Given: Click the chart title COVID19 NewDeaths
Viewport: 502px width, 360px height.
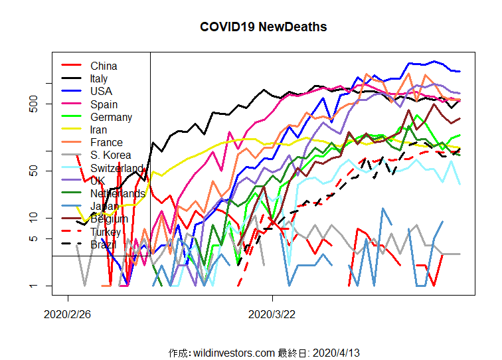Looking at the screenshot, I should (263, 27).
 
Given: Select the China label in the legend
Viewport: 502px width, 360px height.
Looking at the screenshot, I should (104, 66).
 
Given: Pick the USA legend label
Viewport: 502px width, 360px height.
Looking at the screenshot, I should (101, 91).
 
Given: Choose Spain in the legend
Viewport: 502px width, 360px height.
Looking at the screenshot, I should (104, 104).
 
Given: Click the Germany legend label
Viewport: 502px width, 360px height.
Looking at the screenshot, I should (111, 117).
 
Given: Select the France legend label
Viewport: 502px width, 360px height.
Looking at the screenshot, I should (106, 142).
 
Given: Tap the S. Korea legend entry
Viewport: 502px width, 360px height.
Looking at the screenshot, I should (111, 155).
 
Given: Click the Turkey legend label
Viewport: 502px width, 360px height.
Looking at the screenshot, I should (106, 232).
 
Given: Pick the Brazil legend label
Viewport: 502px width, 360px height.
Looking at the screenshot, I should (103, 244).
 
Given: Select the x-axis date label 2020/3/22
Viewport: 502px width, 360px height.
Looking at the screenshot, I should (272, 313).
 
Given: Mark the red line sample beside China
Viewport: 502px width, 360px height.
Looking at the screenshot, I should (71, 66).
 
